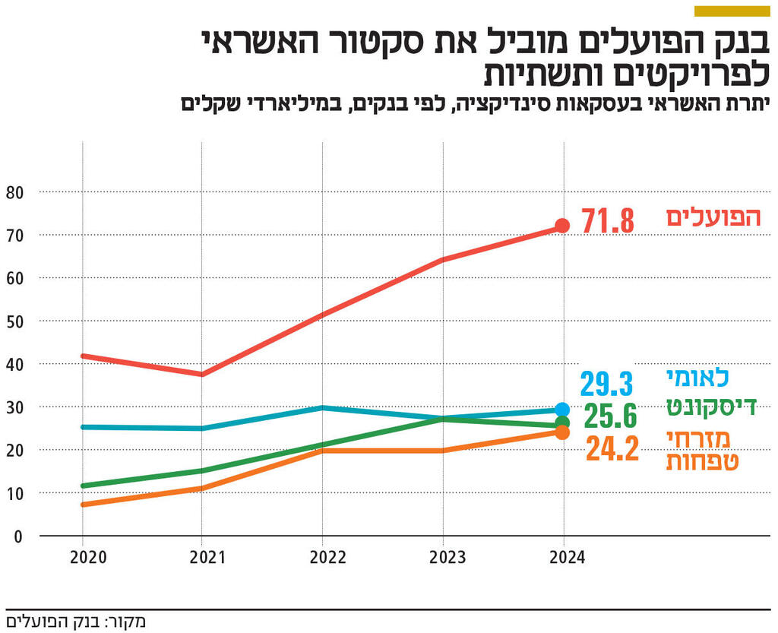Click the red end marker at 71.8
point(562,226)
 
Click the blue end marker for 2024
point(562,410)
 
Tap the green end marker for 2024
point(562,423)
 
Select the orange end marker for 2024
point(562,432)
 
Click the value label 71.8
point(608,222)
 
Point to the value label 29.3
point(607,385)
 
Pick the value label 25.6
point(610,416)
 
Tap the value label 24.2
point(612,449)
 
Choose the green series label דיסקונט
point(711,406)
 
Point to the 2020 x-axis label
point(88,558)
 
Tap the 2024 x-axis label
point(566,558)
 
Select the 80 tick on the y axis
point(14,192)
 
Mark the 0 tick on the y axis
point(18,536)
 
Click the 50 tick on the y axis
point(14,321)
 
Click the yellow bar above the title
point(732,11)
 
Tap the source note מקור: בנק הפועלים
point(76,622)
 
